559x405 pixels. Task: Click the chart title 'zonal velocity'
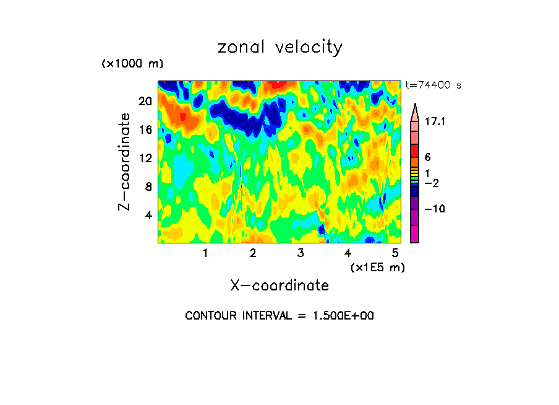279,48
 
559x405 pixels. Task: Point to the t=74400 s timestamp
433,85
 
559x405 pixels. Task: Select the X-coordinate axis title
279,285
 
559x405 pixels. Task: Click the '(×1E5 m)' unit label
377,267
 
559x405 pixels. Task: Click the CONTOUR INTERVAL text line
279,316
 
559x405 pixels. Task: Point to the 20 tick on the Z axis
145,102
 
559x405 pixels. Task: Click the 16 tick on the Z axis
145,130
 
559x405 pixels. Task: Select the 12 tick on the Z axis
145,159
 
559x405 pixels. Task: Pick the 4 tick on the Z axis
148,216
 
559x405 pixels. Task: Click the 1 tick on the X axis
205,253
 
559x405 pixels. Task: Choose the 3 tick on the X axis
301,253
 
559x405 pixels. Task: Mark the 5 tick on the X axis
395,253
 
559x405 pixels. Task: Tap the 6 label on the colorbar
427,157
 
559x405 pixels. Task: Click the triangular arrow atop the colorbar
414,111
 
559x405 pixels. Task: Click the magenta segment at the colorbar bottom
414,234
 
